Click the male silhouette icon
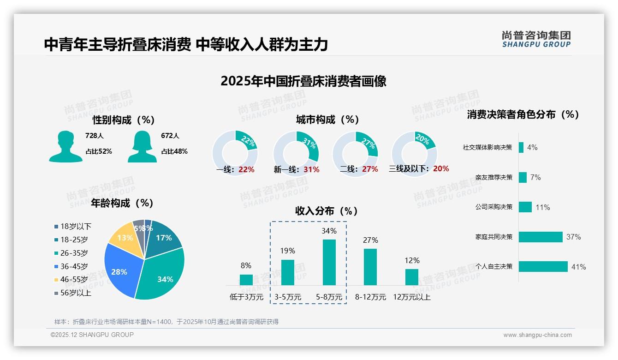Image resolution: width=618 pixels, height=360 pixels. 65,147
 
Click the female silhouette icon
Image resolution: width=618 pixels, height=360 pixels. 142,147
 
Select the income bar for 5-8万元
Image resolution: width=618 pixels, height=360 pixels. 329,262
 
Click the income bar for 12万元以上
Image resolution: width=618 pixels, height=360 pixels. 411,277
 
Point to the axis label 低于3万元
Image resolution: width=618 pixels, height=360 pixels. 246,297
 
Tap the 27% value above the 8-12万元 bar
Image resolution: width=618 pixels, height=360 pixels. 370,240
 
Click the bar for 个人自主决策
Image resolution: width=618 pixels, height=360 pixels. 543,267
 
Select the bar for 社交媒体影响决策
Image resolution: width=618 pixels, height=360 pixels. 521,147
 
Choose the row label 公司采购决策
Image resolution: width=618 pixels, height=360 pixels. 493,207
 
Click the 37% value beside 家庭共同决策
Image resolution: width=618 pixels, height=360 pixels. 573,237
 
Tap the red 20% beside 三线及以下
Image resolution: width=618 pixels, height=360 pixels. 441,169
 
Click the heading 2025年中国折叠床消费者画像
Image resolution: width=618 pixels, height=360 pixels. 303,81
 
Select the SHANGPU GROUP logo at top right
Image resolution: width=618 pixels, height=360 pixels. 536,39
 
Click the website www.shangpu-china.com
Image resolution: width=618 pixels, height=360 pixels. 537,335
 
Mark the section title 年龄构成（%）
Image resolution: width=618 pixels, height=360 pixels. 122,203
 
